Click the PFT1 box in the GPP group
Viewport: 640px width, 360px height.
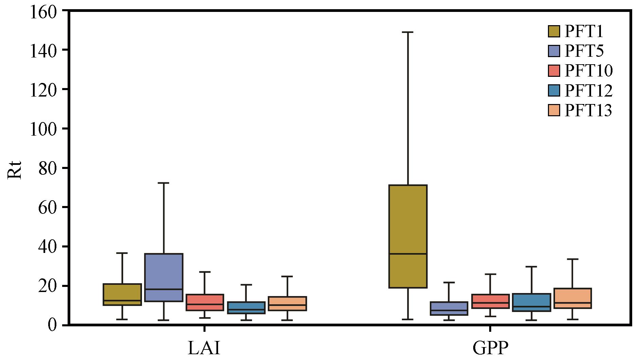(408, 236)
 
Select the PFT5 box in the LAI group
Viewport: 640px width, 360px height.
(163, 277)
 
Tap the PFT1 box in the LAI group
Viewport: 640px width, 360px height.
(122, 294)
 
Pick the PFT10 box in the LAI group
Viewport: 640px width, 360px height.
(205, 302)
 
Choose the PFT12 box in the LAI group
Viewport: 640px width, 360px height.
(246, 307)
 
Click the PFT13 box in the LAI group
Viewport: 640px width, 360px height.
(287, 303)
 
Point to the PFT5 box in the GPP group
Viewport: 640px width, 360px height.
(449, 308)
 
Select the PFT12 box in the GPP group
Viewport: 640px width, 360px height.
(531, 302)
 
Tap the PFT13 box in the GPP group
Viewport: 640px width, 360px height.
(572, 298)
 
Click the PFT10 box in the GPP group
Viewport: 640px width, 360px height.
(490, 301)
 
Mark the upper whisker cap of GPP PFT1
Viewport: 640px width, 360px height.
(408, 32)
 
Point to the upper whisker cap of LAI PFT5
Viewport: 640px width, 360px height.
(163, 183)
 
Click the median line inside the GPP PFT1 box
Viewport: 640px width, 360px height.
(408, 254)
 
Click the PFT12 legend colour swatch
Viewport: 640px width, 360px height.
(554, 90)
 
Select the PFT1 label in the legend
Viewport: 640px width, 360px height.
(584, 32)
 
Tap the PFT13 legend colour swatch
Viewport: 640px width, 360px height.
(554, 110)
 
